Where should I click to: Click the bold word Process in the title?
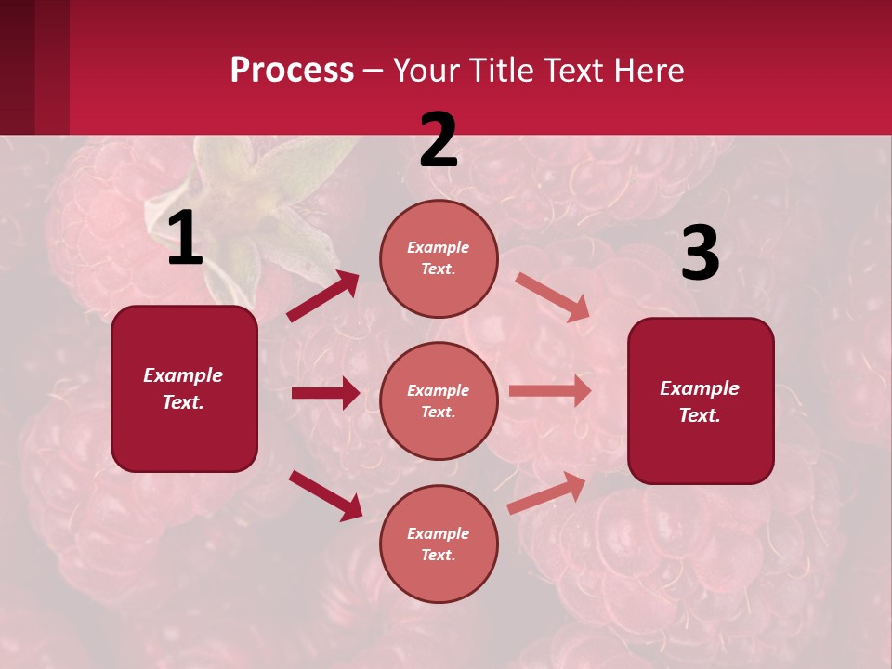292,70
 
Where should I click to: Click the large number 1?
185,239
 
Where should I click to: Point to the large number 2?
439,140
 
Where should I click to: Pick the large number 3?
700,254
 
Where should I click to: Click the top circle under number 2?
439,258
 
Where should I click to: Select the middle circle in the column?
439,400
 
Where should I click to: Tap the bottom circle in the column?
439,544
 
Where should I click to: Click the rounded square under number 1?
184,388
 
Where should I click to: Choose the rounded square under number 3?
701,401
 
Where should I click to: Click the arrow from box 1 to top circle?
323,296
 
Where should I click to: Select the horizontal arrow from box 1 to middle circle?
325,393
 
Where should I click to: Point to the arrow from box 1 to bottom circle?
325,494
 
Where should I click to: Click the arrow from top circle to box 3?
553,297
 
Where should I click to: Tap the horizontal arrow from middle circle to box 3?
550,391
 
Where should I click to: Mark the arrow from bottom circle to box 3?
546,492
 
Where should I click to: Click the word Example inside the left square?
183,375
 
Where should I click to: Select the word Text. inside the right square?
700,415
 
